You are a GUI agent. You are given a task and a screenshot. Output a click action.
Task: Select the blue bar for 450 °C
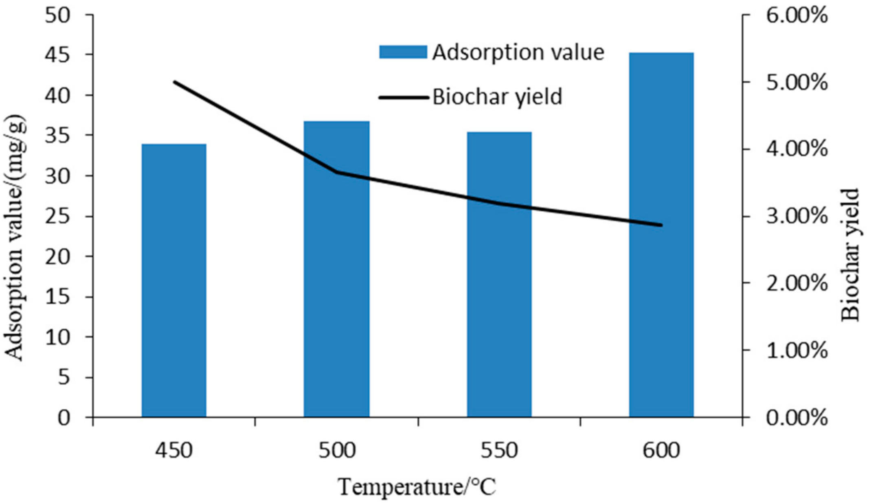tap(174, 281)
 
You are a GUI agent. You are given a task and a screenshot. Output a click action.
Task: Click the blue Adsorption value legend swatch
tap(403, 53)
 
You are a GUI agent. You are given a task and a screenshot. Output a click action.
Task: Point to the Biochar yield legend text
tap(497, 97)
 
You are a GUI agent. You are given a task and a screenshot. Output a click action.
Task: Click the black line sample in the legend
tap(404, 98)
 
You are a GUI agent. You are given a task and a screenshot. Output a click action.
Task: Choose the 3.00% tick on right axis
tap(797, 216)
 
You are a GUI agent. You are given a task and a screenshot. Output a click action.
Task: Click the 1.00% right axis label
tap(797, 351)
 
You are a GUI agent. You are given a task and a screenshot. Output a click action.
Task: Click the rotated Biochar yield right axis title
tap(850, 254)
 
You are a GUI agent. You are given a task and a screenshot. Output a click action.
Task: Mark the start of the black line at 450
tap(175, 82)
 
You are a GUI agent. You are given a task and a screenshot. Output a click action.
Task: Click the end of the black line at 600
tap(661, 225)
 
